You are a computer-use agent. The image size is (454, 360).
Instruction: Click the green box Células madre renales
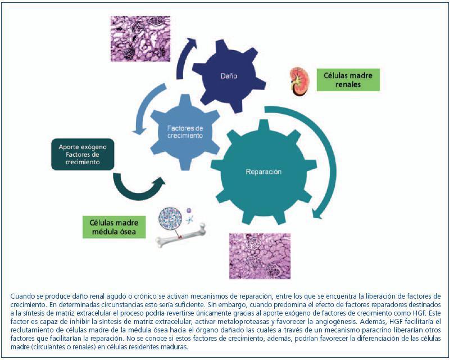(x=348, y=79)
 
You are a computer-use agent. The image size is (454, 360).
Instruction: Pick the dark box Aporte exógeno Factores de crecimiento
(x=83, y=154)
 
